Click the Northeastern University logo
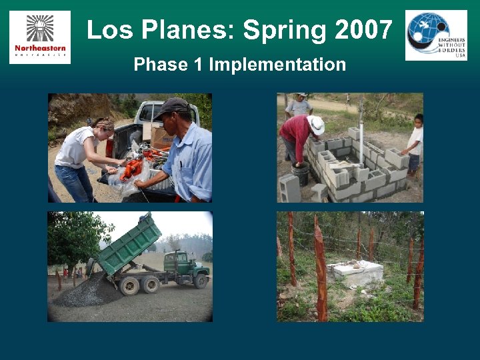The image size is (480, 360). [x=40, y=37]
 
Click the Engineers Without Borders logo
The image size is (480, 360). [x=436, y=35]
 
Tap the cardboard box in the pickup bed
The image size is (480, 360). [x=161, y=137]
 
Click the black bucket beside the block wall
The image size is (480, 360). [x=301, y=174]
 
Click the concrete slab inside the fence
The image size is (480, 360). [x=355, y=271]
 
